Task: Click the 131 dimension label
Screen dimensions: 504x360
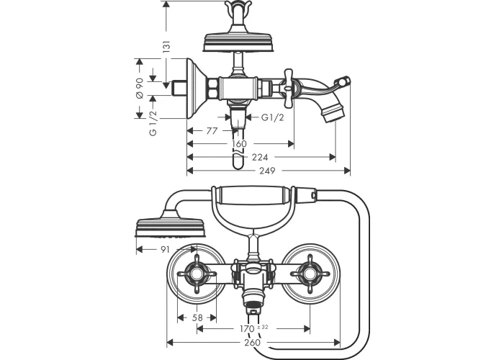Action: coord(166,47)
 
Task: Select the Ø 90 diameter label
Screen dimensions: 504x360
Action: coord(140,89)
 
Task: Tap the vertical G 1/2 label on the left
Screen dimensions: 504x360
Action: coord(153,123)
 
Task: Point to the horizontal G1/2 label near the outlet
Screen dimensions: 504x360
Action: coord(272,117)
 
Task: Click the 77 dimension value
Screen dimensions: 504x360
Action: coord(212,131)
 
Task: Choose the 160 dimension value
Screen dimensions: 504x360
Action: coord(239,144)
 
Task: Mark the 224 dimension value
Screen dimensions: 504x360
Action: coord(260,157)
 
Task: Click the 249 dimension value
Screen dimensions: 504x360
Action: coord(267,171)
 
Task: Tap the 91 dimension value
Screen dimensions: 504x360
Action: coord(165,249)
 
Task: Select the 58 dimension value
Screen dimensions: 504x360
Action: coord(197,318)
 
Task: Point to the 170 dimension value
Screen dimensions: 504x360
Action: coord(247,329)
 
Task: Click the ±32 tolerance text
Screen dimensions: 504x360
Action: coord(263,327)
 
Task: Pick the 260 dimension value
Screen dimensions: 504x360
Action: coord(252,342)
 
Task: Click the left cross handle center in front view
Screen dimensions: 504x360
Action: coord(197,274)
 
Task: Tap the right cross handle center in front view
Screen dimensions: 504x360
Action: coord(310,274)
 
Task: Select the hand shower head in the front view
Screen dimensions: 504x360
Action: coord(171,224)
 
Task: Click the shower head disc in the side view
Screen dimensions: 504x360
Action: coord(238,42)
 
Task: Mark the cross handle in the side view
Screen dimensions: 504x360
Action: coord(288,87)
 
